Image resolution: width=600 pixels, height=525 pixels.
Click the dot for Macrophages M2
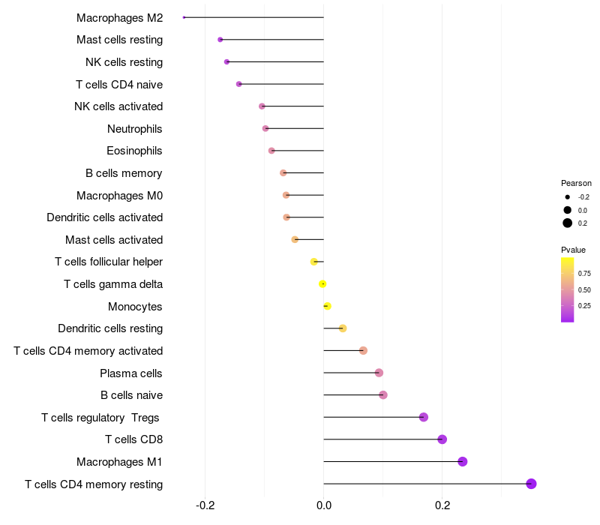tap(184, 17)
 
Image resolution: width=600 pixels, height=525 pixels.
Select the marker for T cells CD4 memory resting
tap(531, 484)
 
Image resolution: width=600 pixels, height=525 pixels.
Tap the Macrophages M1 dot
tap(463, 462)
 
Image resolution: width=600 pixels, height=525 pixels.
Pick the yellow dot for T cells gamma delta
tap(322, 284)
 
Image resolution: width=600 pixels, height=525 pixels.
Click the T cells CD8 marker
tap(442, 439)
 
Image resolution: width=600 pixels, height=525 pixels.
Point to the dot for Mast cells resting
tap(220, 40)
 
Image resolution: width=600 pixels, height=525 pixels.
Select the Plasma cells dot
tap(379, 373)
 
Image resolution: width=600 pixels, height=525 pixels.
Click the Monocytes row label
tap(135, 307)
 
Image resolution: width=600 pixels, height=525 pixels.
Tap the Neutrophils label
tap(134, 129)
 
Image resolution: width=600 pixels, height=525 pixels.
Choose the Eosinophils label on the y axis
tap(134, 151)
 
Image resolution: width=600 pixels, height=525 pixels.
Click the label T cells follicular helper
tap(109, 262)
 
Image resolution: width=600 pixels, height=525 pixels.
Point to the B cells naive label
tap(131, 395)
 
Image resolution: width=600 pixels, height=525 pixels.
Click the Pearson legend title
tap(576, 183)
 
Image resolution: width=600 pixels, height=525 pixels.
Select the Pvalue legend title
tap(573, 250)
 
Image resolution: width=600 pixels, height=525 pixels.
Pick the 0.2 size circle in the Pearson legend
tap(568, 223)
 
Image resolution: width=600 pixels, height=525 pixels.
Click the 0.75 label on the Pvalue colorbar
tap(584, 274)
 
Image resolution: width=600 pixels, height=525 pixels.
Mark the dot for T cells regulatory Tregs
tap(424, 417)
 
